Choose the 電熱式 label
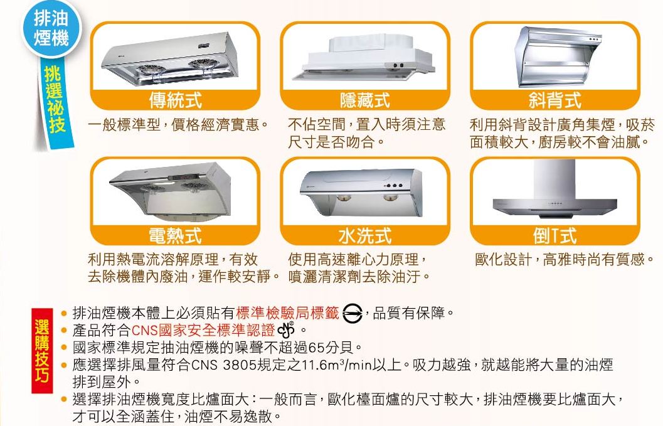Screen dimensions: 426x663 [175, 236]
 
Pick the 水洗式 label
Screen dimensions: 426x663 [364, 236]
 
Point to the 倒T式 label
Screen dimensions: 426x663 [554, 236]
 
